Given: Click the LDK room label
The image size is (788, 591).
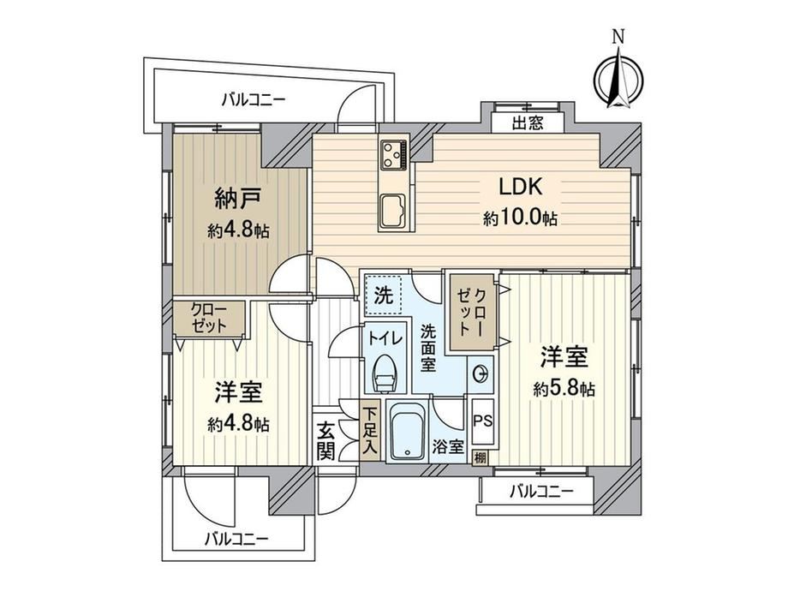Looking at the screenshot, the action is [x=520, y=187].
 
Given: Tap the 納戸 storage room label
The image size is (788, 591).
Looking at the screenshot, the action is [x=238, y=198].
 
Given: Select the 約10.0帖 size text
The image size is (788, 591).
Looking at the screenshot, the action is [x=520, y=218].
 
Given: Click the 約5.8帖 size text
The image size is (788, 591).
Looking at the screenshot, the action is [x=564, y=389].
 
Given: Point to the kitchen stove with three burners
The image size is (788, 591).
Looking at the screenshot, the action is [x=395, y=153].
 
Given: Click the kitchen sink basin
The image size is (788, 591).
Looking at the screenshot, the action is [x=396, y=211].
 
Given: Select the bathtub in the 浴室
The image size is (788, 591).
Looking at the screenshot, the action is [x=408, y=431].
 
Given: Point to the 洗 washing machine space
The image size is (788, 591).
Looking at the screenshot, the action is [x=384, y=295].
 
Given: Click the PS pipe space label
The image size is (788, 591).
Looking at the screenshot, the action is [x=483, y=421].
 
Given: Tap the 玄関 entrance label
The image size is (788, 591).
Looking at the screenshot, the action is [x=325, y=441].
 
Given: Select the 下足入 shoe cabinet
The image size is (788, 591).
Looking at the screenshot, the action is [x=370, y=430].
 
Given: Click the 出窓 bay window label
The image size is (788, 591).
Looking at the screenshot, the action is [x=527, y=123].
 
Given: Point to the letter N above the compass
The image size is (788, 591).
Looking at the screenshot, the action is [x=618, y=37].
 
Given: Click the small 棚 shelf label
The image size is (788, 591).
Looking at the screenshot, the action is [x=481, y=458].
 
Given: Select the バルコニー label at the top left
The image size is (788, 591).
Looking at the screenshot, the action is [x=254, y=99].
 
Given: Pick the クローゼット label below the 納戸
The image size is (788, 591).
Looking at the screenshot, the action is [x=210, y=319].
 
